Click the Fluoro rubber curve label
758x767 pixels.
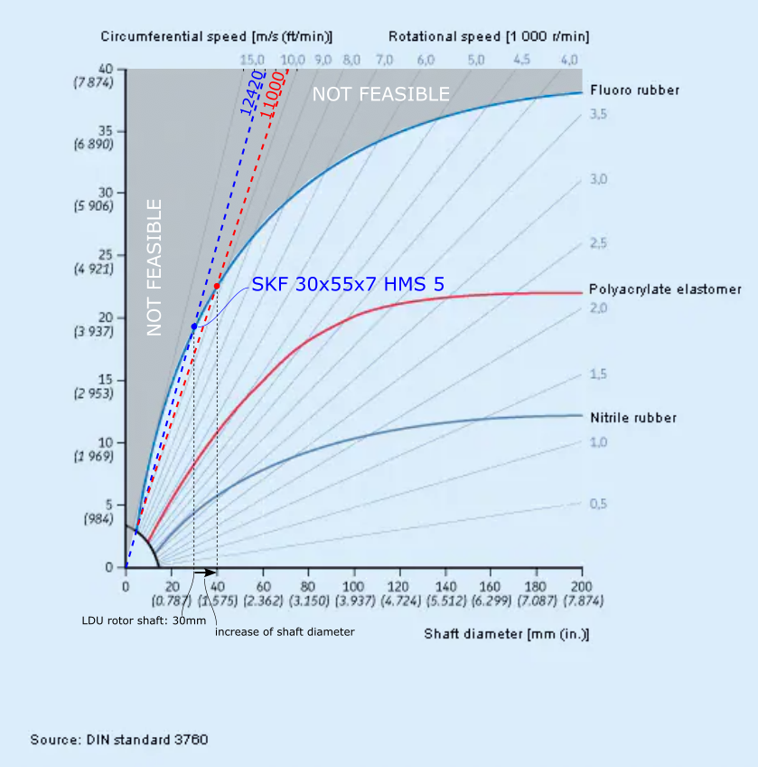634,90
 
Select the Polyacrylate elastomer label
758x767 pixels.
665,289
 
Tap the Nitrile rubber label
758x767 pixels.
632,418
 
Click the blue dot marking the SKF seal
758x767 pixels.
194,326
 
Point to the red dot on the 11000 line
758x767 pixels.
217,286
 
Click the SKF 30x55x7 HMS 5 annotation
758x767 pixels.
348,285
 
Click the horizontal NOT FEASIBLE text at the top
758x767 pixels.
380,94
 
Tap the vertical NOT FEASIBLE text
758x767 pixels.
154,268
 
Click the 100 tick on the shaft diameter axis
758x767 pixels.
354,585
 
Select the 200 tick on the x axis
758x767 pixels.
581,585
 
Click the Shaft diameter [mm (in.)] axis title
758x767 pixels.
506,634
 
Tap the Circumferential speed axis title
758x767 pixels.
217,36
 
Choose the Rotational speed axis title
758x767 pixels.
489,36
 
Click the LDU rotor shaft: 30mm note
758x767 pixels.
132,620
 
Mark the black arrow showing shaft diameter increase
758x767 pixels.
205,573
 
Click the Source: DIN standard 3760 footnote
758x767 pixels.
119,740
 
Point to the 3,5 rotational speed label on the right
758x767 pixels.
598,115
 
